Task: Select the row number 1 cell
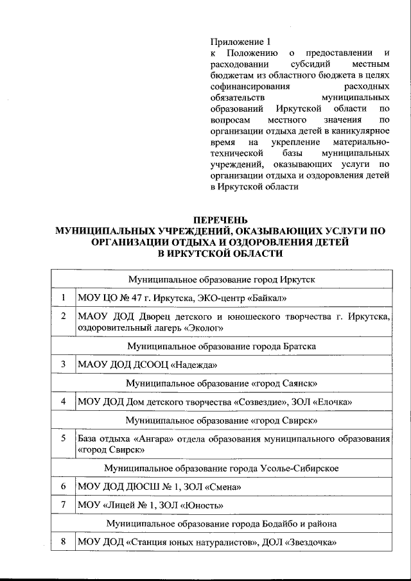63,299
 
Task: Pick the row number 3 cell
63,365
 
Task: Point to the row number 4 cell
63,402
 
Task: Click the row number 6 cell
63,487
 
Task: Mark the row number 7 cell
63,505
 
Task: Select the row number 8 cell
63,542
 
